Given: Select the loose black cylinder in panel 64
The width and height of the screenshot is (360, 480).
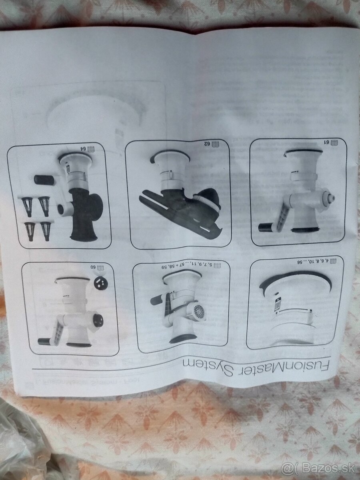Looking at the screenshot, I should click(44, 180).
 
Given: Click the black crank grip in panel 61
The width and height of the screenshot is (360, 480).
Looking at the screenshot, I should click(265, 228).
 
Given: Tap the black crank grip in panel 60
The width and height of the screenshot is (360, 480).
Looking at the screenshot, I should click(45, 341).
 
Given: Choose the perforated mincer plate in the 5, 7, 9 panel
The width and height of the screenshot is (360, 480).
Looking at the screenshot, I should click(198, 311).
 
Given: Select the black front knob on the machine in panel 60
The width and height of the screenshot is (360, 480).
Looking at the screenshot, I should click(98, 320).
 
